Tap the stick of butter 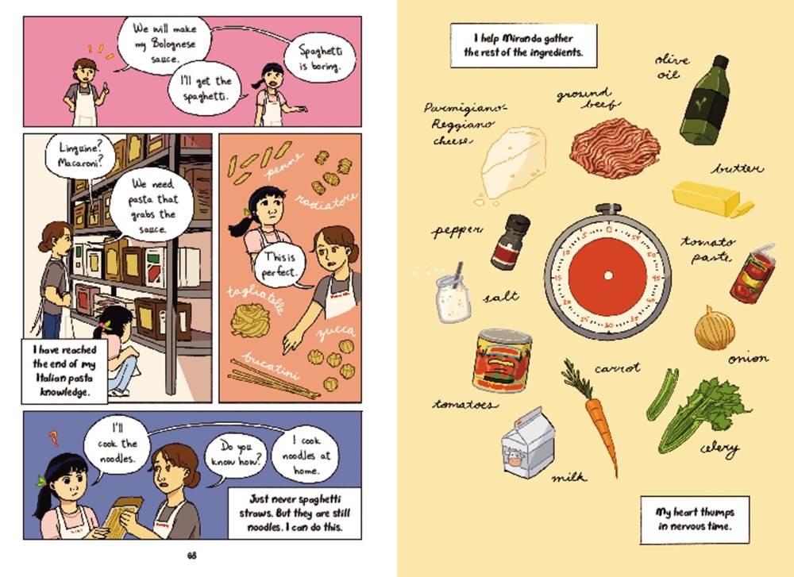tap(709, 196)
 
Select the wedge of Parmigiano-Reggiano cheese tap(513, 162)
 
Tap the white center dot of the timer tap(607, 275)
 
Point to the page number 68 tap(191, 555)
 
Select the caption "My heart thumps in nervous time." tap(694, 519)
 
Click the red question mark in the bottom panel tap(54, 436)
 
